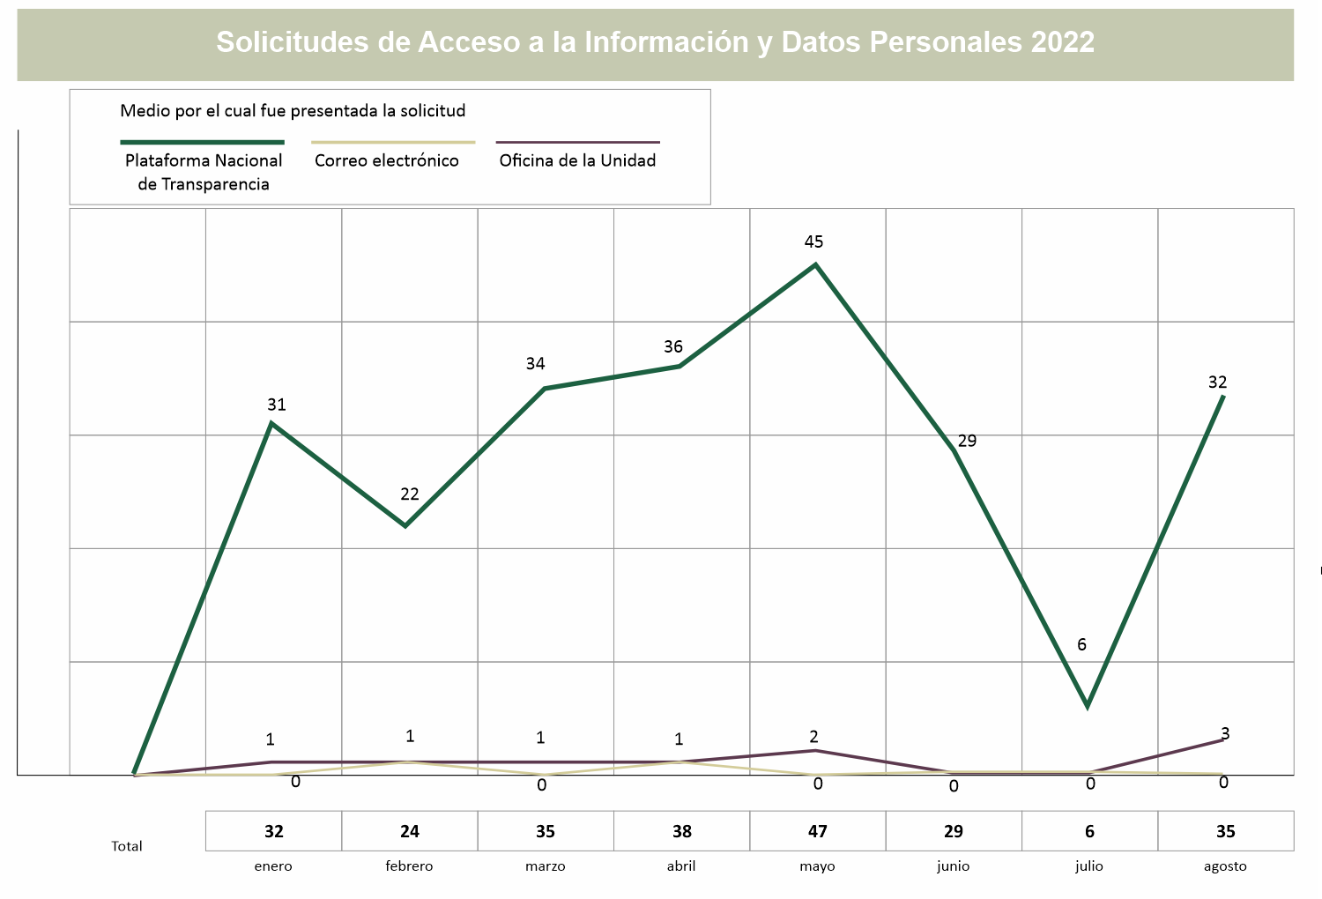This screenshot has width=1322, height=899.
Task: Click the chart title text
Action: pos(655,42)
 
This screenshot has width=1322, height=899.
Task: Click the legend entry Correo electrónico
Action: pos(387,160)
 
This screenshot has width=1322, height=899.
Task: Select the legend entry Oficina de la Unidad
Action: pos(577,160)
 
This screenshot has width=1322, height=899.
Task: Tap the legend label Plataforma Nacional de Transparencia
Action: pos(204,172)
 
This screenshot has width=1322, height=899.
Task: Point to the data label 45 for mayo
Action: pos(813,241)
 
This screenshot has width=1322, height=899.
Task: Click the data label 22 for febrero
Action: pos(410,494)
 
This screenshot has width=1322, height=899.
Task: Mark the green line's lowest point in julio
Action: pos(1088,706)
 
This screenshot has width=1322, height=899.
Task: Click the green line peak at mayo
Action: pos(815,264)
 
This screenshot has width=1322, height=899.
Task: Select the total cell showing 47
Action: pos(817,831)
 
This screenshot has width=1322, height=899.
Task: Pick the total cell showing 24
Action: pos(410,831)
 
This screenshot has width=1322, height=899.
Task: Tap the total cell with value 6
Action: pos(1089,831)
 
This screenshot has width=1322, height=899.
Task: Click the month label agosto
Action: pos(1225,866)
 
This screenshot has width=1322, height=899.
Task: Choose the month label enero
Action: pos(273,866)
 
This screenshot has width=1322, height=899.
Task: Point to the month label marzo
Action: pos(546,866)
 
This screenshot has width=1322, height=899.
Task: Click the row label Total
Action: pos(127,846)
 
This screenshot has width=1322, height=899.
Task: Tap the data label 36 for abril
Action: pos(673,347)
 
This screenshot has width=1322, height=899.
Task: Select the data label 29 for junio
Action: pos(967,441)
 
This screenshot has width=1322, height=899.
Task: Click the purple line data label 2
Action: pos(813,737)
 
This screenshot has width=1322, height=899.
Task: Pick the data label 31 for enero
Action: pos(277,405)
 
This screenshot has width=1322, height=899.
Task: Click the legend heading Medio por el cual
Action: pos(293,111)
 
